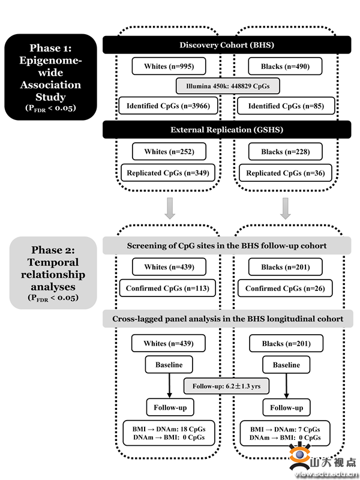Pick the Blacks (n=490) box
coord(286,66)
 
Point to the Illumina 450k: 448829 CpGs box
coord(227,86)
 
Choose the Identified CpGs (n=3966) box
coord(167,106)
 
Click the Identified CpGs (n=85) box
coord(286,106)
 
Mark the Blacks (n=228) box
coord(286,152)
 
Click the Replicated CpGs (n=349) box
coord(167,173)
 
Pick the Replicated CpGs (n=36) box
coord(286,173)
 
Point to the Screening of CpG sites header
coord(227,246)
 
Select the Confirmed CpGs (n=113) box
coord(167,289)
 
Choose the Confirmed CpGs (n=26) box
coord(286,289)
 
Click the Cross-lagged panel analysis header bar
coord(227,319)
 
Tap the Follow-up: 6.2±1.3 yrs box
coord(227,386)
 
